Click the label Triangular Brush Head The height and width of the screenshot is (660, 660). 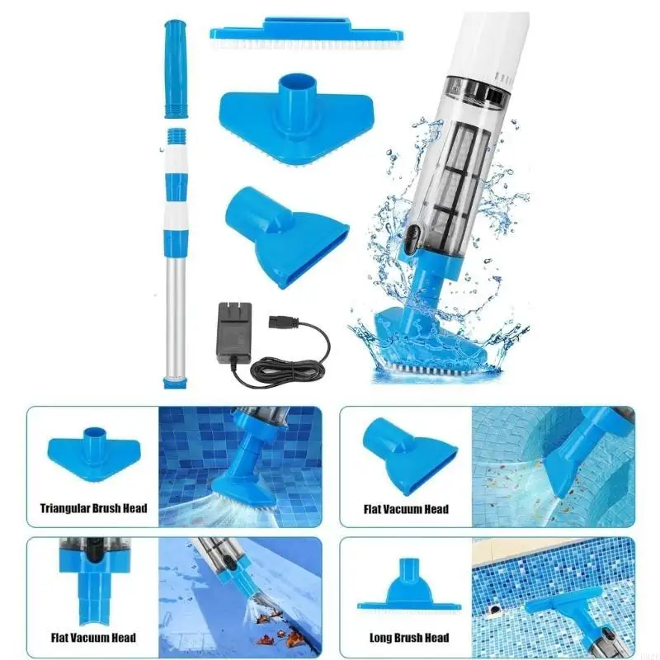click(93, 508)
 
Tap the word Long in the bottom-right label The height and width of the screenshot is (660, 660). click(379, 637)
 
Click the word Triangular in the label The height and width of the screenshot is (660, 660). click(72, 508)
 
